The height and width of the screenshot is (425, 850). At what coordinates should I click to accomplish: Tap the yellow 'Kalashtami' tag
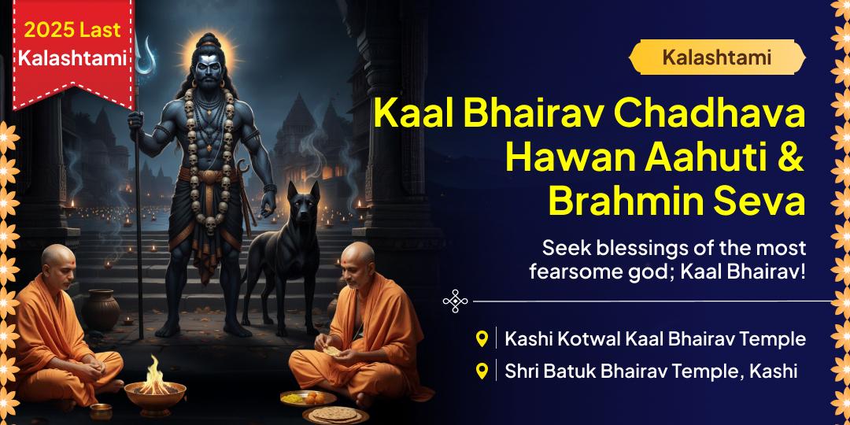click(x=716, y=57)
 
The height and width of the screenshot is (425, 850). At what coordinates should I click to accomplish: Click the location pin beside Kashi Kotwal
click(x=482, y=339)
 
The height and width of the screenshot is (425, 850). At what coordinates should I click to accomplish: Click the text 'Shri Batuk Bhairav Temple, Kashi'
click(x=651, y=371)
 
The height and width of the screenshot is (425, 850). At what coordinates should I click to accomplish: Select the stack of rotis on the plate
click(x=331, y=412)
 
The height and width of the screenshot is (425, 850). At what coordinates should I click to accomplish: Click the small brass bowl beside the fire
click(x=101, y=410)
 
